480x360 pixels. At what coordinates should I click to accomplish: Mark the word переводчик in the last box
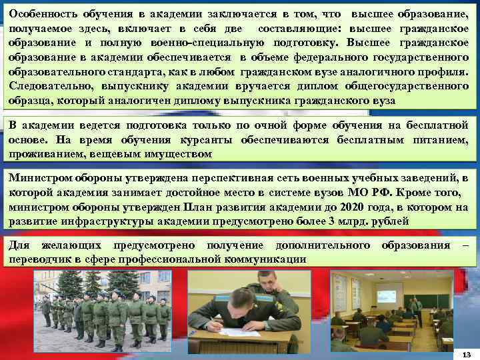pos(40,259)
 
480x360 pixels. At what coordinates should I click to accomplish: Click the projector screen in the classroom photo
pos(389,293)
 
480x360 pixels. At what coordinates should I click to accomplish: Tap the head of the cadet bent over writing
pos(267,283)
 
